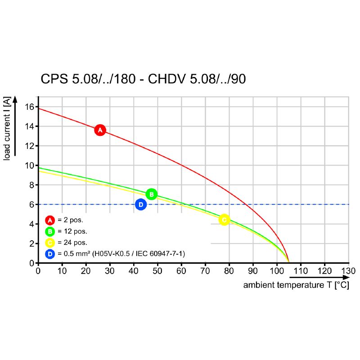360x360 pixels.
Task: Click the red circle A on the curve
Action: (x=100, y=130)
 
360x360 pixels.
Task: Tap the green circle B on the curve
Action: (x=152, y=194)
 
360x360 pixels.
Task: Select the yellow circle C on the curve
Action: (x=224, y=220)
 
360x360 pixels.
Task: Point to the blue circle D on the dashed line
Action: (x=141, y=204)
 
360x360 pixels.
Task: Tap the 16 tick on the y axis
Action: (x=30, y=107)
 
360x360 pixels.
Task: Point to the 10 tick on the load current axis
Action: (x=30, y=165)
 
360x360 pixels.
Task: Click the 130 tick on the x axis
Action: (x=348, y=271)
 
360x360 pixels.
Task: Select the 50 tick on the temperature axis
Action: (x=157, y=271)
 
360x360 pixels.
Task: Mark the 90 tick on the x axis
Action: (x=253, y=271)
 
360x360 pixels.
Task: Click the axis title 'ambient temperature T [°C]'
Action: (x=296, y=285)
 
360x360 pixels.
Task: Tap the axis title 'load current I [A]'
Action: (x=7, y=130)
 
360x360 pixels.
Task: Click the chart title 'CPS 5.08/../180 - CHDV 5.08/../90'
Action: (x=143, y=79)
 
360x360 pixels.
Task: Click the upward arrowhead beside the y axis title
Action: (x=15, y=99)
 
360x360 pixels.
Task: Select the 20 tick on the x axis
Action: (x=85, y=271)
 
